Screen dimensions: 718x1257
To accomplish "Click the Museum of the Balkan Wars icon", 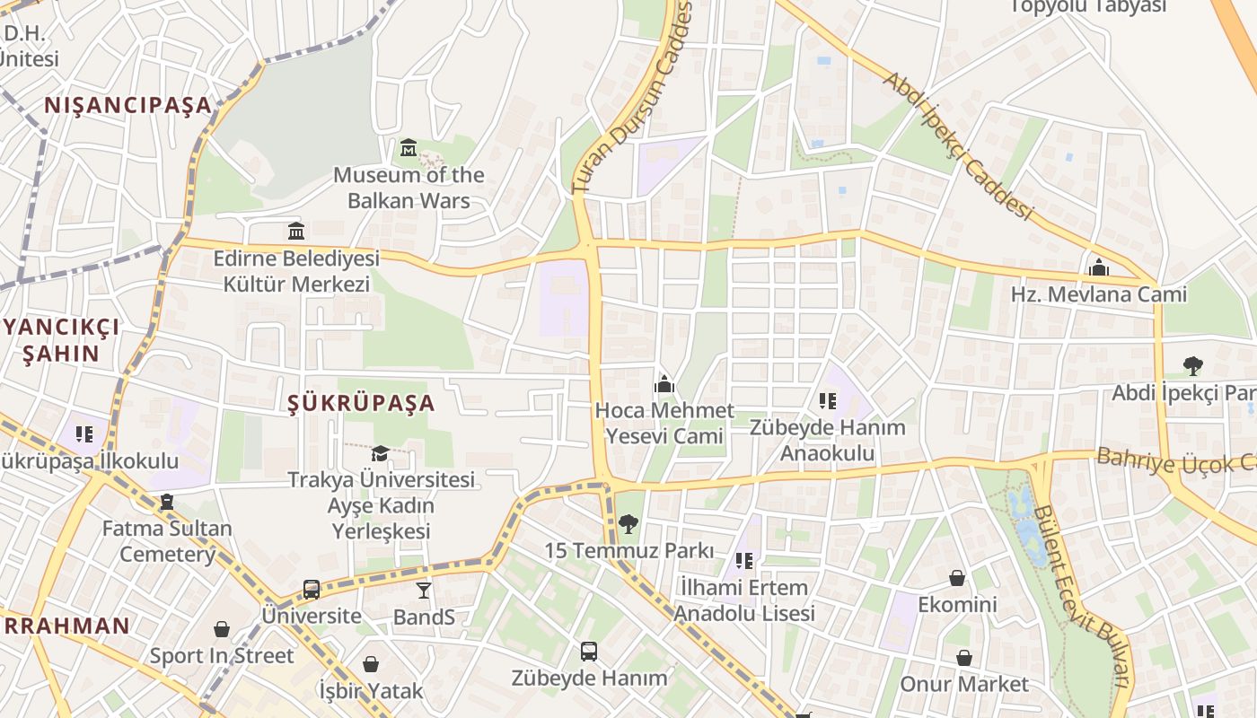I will click(409, 146).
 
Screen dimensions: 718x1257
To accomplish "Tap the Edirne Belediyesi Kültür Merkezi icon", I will click(296, 231).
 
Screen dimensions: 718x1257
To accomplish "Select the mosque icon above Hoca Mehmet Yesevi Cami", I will click(664, 384).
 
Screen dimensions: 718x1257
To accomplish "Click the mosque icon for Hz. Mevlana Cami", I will click(1098, 267).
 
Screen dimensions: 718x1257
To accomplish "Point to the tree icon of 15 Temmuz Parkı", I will click(628, 523).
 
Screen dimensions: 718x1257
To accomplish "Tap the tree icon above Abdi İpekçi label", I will click(1193, 365).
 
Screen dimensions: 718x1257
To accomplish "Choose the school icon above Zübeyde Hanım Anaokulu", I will click(827, 400).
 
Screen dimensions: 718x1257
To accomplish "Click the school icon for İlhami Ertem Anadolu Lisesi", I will click(743, 561).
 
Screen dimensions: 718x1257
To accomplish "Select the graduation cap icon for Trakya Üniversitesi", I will click(381, 453).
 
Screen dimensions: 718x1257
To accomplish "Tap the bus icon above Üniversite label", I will click(312, 590).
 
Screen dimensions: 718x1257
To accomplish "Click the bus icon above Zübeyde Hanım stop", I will click(589, 651).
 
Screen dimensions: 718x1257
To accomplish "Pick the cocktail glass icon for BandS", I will click(424, 590).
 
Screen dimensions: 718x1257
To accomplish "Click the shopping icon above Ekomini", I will click(957, 577).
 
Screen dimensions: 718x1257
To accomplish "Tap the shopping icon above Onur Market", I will click(964, 658).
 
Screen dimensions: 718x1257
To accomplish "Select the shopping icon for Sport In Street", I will click(221, 629).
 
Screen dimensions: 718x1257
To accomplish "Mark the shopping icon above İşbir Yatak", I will click(371, 664).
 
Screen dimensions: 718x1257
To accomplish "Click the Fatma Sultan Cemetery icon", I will click(167, 502).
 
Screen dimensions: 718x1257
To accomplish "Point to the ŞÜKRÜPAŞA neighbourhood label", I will click(362, 403).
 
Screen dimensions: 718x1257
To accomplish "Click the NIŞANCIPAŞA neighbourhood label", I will click(128, 105).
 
